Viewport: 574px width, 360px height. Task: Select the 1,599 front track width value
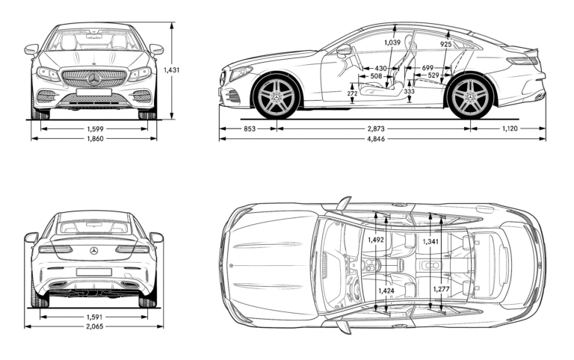click(x=94, y=128)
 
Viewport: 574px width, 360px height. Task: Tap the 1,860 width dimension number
click(x=94, y=139)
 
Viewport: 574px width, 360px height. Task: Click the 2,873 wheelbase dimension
click(x=377, y=128)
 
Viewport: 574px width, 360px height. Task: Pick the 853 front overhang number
click(x=249, y=128)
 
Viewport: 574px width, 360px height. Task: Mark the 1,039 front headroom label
click(x=392, y=43)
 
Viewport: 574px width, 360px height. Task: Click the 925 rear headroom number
click(x=445, y=45)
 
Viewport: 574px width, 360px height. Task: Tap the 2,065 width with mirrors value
click(x=94, y=326)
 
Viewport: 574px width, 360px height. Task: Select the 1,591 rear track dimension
click(x=94, y=316)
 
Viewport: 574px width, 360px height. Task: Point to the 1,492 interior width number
click(x=376, y=240)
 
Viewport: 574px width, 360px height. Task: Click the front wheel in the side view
click(x=277, y=96)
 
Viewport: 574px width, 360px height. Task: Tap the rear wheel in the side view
click(x=469, y=96)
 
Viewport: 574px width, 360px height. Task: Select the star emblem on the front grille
click(x=94, y=78)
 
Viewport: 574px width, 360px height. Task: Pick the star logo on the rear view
click(x=94, y=250)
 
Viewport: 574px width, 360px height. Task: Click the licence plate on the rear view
click(x=94, y=272)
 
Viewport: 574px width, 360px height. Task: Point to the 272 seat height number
click(x=352, y=94)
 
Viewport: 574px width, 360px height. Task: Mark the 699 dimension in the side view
click(x=427, y=68)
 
